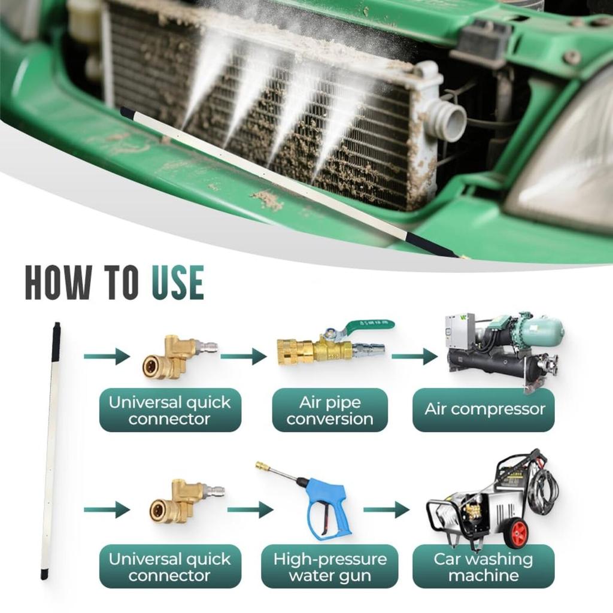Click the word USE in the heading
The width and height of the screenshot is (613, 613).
tap(177, 284)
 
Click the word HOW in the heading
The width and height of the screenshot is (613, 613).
tap(58, 284)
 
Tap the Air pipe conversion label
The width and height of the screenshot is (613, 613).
tap(329, 410)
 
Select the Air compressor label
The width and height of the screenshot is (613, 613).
tap(484, 410)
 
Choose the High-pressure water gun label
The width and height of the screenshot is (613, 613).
tap(329, 567)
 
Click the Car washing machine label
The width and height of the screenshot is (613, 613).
tap(484, 567)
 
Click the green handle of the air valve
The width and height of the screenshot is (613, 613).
tap(368, 326)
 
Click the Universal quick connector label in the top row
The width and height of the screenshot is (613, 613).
tap(170, 410)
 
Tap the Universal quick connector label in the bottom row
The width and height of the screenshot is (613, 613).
tap(170, 567)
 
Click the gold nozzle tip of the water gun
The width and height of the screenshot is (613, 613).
tap(261, 465)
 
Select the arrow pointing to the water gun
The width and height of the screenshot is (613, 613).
tap(250, 509)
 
